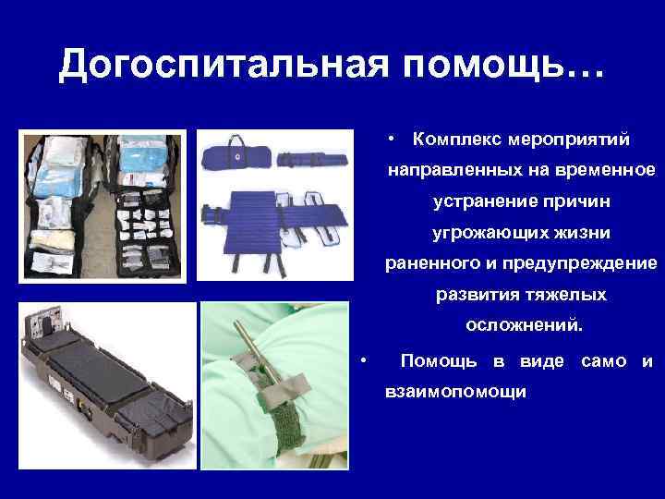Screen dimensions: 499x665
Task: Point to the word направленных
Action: (448, 171)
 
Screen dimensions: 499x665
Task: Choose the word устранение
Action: (478, 201)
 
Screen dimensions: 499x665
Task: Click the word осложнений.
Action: (524, 325)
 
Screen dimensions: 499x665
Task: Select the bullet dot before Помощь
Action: (366, 360)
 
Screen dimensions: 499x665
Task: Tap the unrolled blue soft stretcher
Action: (277, 221)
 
